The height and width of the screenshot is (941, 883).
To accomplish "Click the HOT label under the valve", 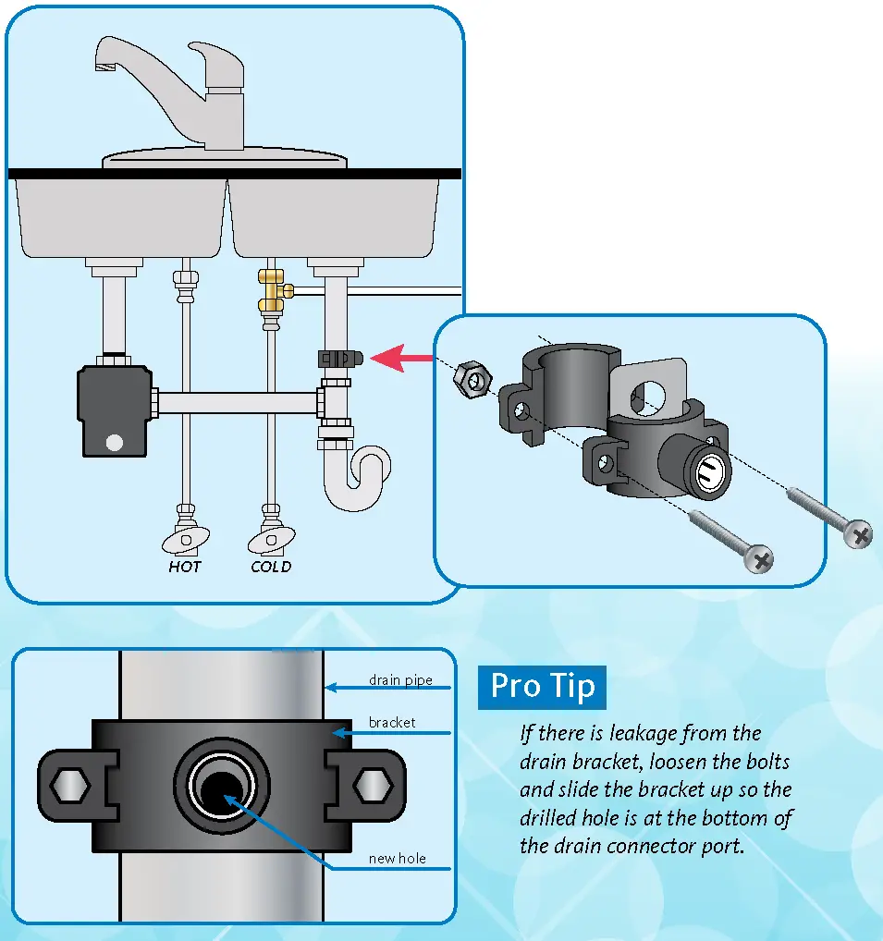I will (x=184, y=567).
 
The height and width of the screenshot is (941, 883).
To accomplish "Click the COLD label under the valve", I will (x=270, y=567).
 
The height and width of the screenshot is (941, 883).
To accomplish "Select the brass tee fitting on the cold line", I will (x=272, y=291).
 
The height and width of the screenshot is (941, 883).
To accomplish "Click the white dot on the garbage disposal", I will (x=114, y=442).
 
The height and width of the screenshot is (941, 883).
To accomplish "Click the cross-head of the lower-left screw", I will (x=762, y=558).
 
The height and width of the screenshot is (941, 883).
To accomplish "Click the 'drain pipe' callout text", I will (x=400, y=681).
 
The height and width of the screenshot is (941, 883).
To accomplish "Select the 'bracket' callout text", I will (x=392, y=722).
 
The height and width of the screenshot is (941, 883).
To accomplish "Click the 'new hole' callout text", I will (x=398, y=859).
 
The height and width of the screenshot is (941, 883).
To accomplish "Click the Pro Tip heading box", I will (x=542, y=687).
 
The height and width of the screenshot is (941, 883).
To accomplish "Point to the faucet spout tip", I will (x=103, y=67).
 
